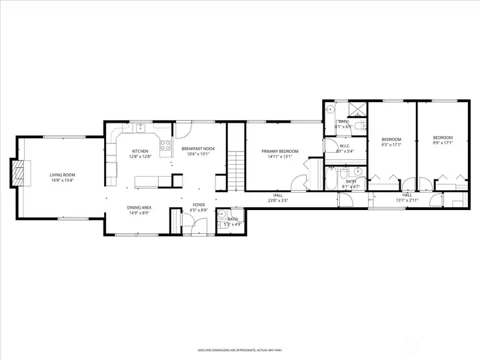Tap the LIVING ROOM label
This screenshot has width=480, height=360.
[x=61, y=175]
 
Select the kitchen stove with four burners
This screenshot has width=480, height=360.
[x=164, y=146]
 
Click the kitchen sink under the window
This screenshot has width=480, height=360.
[x=141, y=127]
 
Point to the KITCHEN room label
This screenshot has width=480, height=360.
[x=140, y=151]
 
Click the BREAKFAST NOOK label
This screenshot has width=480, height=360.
[x=198, y=149]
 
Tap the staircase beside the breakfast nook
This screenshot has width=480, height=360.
[x=234, y=170]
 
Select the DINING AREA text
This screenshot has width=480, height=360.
[x=140, y=208]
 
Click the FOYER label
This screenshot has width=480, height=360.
[x=199, y=205]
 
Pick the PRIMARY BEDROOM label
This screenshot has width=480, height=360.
[x=279, y=151]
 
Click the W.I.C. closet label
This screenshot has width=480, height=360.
[x=345, y=146]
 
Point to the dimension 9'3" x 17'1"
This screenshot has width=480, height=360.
[x=391, y=144]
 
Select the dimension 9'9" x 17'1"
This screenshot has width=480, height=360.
[x=443, y=143]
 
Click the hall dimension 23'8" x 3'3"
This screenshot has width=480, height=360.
[x=278, y=200]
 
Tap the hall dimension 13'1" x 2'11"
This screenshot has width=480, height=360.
[x=407, y=200]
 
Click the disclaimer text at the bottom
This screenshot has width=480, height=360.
[x=239, y=349]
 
